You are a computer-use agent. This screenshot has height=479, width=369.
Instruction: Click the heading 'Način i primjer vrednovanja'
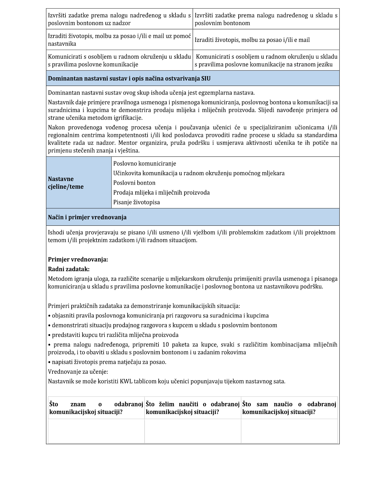click(x=87, y=217)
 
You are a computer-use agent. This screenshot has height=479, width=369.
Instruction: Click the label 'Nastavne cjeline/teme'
click(x=66, y=183)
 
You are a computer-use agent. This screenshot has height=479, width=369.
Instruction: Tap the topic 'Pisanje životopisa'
click(x=136, y=202)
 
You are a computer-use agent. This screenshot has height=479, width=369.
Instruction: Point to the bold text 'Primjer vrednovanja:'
click(x=78, y=259)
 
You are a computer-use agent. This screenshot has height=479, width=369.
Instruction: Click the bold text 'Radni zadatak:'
click(x=69, y=269)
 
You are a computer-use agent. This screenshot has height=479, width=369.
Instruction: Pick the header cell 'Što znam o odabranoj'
click(x=96, y=408)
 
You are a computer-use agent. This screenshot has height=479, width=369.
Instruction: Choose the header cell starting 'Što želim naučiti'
click(x=192, y=408)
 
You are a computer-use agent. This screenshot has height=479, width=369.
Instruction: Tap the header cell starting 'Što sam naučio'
click(x=289, y=408)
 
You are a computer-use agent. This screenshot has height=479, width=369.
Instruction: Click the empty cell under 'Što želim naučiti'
click(x=192, y=431)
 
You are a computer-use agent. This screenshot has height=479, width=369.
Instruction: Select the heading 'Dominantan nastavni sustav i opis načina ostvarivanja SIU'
click(x=129, y=79)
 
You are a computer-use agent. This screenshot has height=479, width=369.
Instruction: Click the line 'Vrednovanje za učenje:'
click(x=78, y=372)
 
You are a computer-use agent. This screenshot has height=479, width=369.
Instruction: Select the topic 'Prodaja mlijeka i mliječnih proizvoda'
click(x=161, y=192)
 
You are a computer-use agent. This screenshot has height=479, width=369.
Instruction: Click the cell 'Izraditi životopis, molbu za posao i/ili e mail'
click(x=252, y=40)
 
